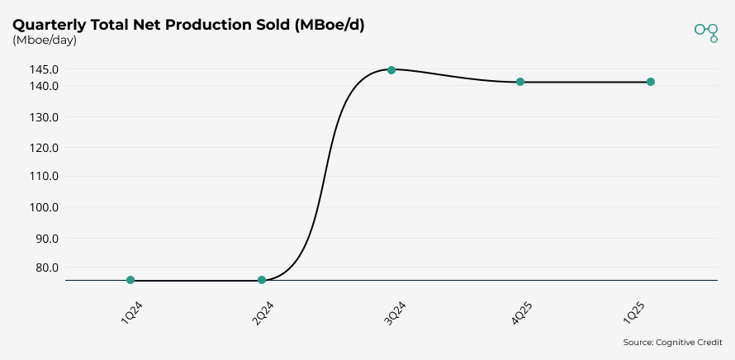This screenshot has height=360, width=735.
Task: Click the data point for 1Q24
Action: (130, 280)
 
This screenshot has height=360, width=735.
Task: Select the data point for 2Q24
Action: (262, 280)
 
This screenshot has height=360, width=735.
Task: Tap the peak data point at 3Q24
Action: (391, 70)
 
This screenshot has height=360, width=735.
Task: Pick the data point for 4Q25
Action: (520, 82)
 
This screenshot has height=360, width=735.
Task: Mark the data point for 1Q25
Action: (651, 82)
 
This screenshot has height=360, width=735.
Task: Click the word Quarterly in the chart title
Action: (50, 25)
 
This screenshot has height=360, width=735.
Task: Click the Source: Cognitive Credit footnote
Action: (672, 342)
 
